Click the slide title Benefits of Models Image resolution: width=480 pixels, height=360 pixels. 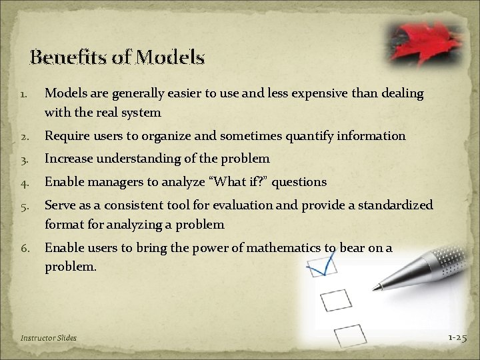[x=117, y=58]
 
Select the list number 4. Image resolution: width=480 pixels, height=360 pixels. [x=24, y=182]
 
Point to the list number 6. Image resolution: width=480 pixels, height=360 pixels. [x=24, y=249]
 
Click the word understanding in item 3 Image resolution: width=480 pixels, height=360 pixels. [x=153, y=159]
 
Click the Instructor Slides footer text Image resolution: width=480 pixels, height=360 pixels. [x=49, y=338]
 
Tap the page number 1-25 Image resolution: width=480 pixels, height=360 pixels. [x=457, y=337]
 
